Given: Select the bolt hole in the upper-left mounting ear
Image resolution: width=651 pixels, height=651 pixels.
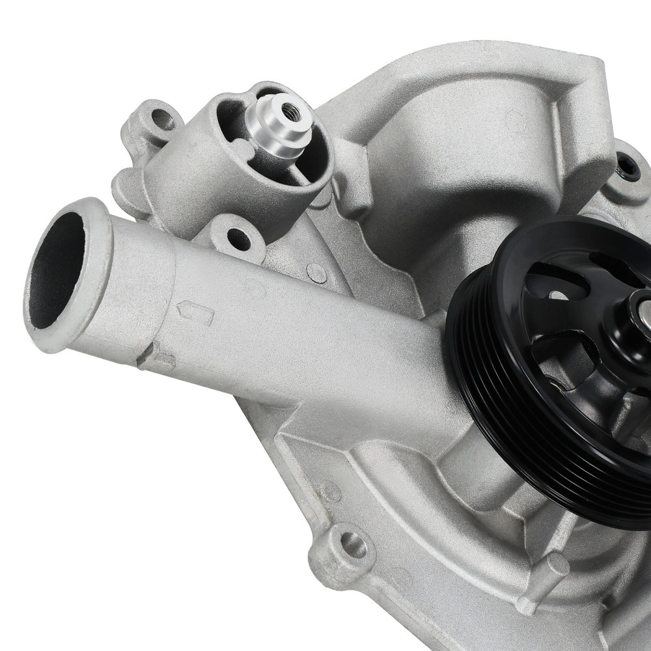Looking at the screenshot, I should [x=159, y=119].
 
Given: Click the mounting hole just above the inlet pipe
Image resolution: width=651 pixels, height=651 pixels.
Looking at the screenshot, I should [x=238, y=239].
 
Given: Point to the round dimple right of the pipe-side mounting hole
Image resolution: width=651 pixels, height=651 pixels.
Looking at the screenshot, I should [x=317, y=272].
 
